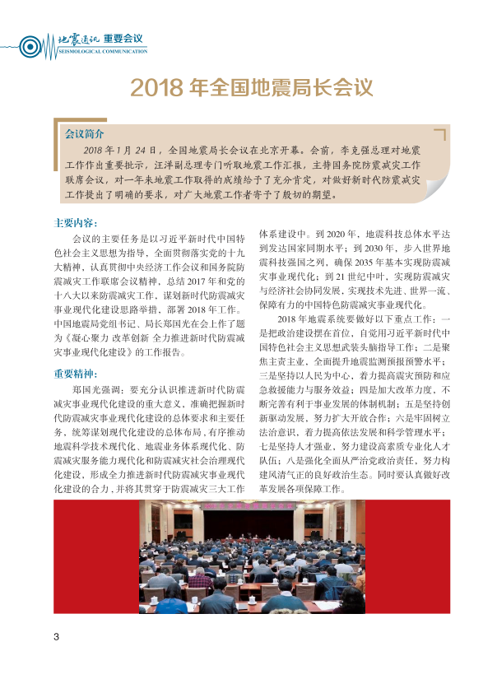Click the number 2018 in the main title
point(157,86)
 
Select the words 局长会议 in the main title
point(331,86)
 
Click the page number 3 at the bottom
point(56,637)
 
